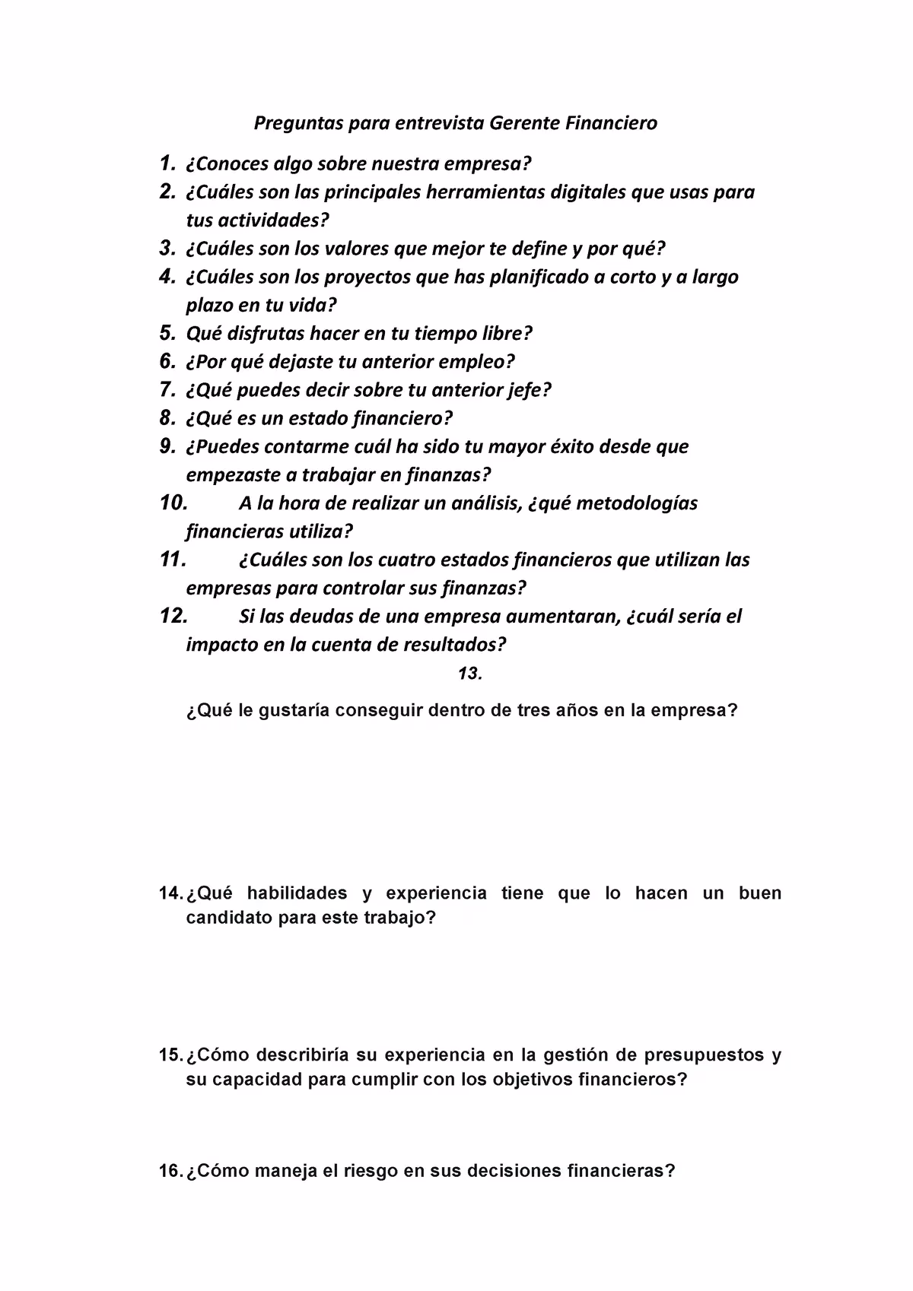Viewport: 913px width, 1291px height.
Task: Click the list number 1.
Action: tap(166, 163)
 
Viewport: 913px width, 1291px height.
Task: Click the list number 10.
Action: tap(173, 503)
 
